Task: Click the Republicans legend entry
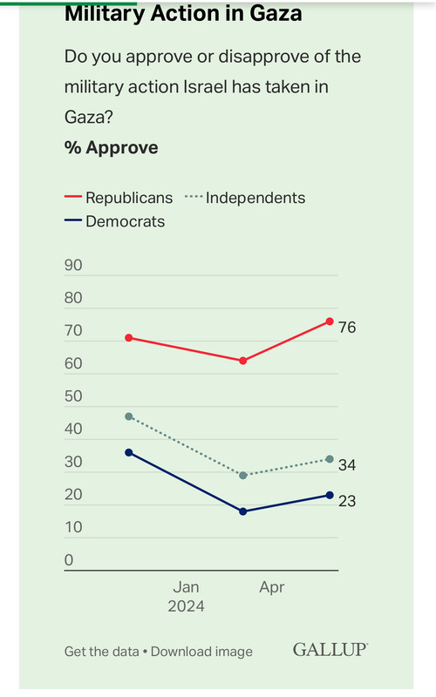pyautogui.click(x=119, y=198)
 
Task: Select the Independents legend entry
pyautogui.click(x=245, y=198)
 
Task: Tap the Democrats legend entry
pyautogui.click(x=114, y=221)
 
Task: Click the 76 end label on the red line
pyautogui.click(x=347, y=328)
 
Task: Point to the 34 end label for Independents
pyautogui.click(x=347, y=465)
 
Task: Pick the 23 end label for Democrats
pyautogui.click(x=347, y=501)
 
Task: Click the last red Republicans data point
pyautogui.click(x=330, y=321)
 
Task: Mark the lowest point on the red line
pyautogui.click(x=243, y=361)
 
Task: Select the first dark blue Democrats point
pyautogui.click(x=129, y=452)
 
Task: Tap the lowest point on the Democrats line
pyautogui.click(x=243, y=511)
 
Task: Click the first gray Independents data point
pyautogui.click(x=129, y=416)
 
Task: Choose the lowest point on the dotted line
pyautogui.click(x=243, y=476)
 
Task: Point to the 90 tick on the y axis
pyautogui.click(x=73, y=266)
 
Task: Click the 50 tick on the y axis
pyautogui.click(x=73, y=396)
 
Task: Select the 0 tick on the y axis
pyautogui.click(x=69, y=560)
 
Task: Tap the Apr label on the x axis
pyautogui.click(x=272, y=587)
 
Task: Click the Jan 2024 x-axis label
pyautogui.click(x=186, y=597)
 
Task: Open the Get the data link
pyautogui.click(x=102, y=652)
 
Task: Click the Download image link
pyautogui.click(x=201, y=652)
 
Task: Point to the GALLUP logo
pyautogui.click(x=330, y=650)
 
